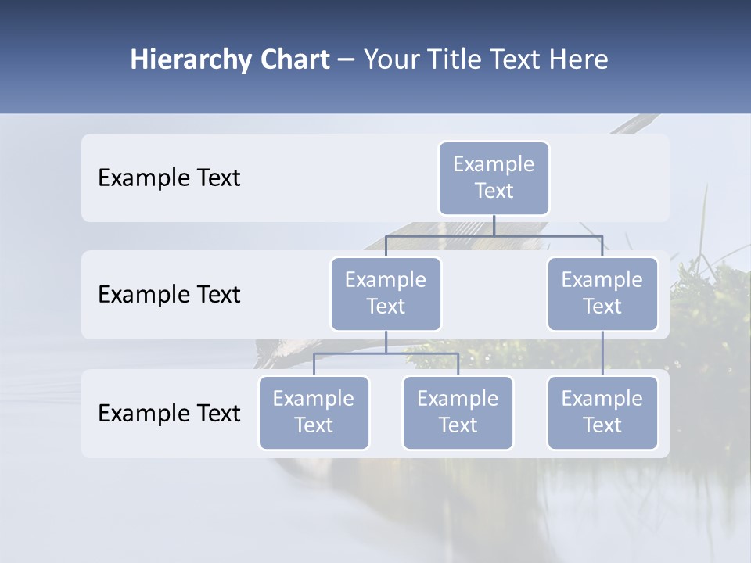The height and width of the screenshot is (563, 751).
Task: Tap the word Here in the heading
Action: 578,60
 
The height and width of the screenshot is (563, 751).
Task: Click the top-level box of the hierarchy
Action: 494,178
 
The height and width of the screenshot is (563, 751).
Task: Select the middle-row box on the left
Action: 386,293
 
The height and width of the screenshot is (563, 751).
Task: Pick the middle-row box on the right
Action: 602,293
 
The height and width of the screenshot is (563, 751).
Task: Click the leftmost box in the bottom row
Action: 314,412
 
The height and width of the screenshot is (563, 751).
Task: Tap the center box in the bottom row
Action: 458,412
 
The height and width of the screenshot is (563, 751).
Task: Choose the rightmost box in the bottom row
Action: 602,412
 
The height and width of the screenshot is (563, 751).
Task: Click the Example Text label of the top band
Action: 169,178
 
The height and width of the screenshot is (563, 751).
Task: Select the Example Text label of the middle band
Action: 169,295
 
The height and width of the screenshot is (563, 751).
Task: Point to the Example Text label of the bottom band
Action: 169,414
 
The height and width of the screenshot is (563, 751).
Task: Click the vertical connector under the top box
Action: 494,225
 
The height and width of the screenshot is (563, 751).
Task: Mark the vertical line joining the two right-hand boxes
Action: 602,353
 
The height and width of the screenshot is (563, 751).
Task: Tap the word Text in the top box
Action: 494,191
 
